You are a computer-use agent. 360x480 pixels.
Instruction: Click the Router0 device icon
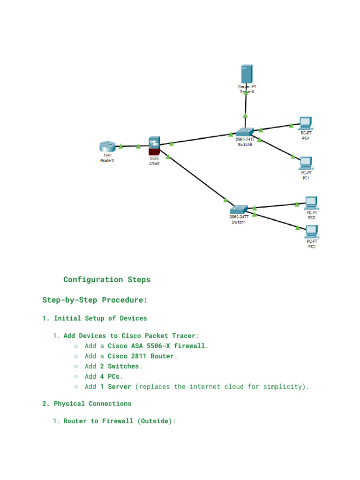[107, 147]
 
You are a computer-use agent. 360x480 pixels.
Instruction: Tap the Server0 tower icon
[247, 75]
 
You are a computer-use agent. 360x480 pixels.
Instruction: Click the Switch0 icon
[245, 132]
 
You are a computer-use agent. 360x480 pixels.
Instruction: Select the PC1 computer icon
[306, 163]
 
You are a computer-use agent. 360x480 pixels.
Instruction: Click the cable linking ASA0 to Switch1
[197, 178]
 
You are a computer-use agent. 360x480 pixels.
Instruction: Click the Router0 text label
[107, 160]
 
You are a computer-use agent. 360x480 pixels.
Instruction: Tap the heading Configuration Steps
[107, 280]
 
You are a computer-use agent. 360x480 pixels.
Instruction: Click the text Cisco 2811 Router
[141, 356]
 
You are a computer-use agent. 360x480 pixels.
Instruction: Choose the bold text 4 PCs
[110, 376]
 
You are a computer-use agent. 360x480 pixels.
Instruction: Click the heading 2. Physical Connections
[87, 404]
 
